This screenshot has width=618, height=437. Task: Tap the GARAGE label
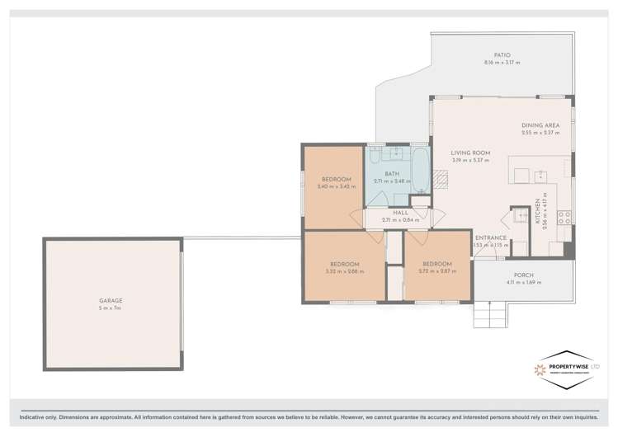pos(111,301)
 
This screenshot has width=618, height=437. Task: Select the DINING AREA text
pos(540,125)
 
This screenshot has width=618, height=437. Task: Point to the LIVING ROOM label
pos(470,153)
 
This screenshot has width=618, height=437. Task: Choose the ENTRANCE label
pos(490,237)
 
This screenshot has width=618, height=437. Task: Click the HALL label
pos(400,213)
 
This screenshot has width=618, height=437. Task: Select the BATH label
pos(391,174)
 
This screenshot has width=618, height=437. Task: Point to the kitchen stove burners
pos(565,218)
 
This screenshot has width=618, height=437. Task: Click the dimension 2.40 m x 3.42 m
pos(336,186)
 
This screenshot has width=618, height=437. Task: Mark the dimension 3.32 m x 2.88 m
pos(343,271)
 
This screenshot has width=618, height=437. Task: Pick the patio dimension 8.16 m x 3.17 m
pos(502,63)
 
